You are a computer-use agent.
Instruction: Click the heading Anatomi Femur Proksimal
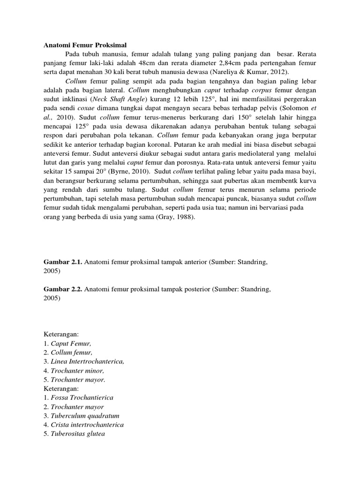pos(85,45)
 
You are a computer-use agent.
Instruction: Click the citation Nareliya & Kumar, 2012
pos(247,72)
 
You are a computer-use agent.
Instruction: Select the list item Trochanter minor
pos(74,370)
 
